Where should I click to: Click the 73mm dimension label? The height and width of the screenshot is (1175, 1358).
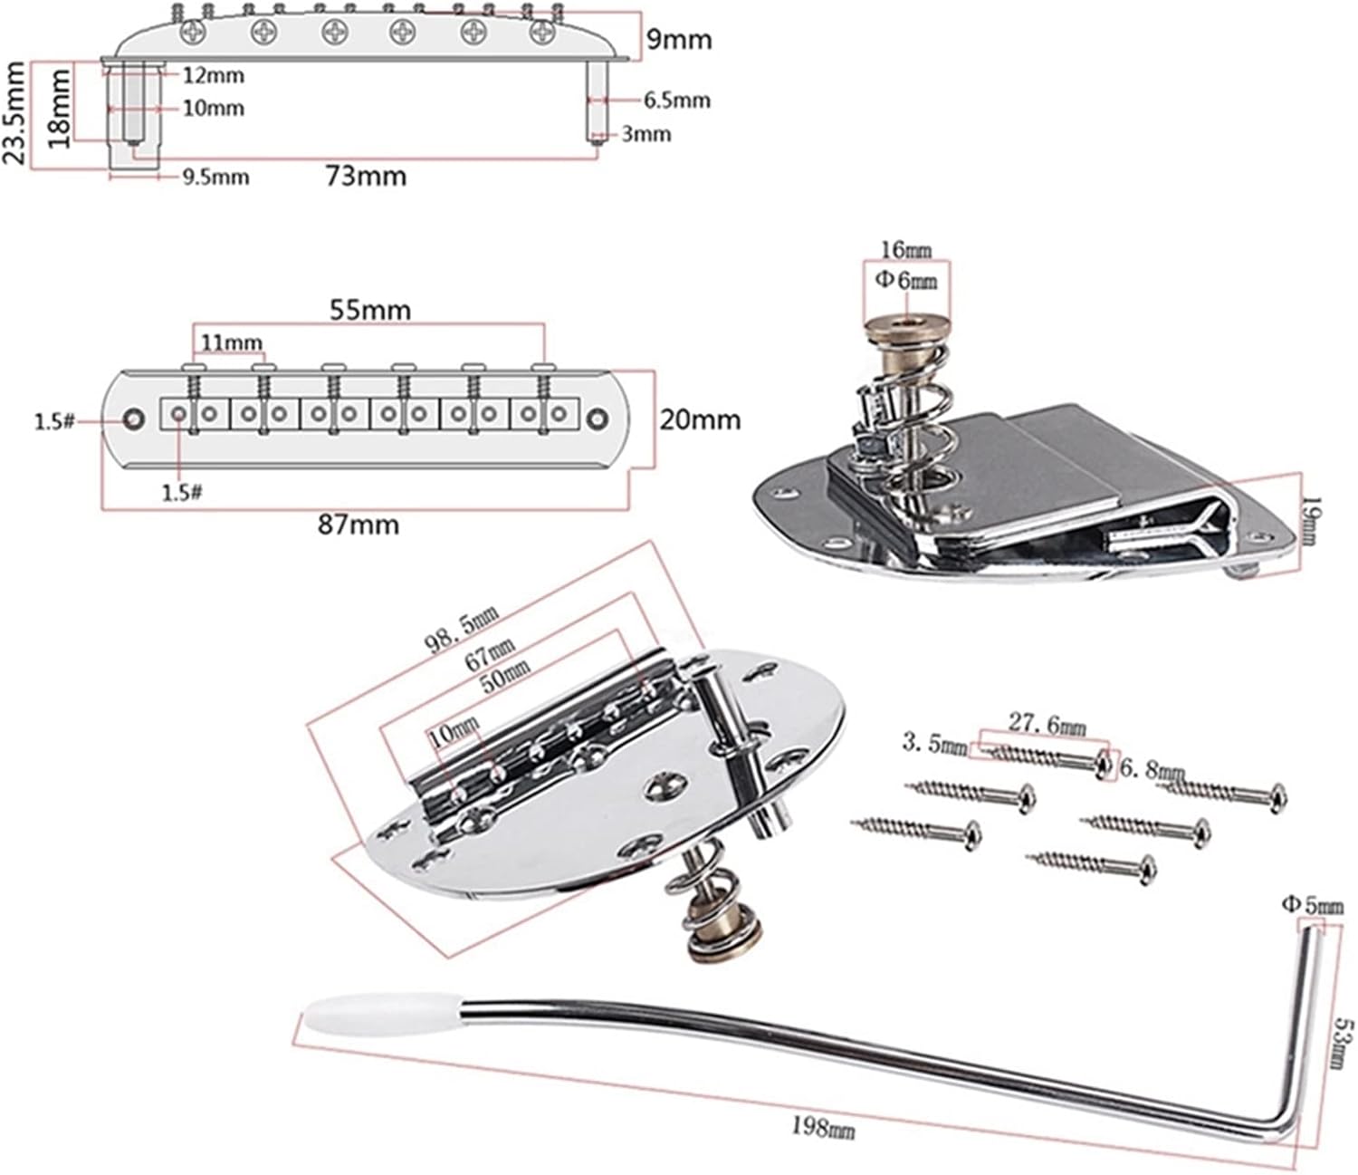[x=366, y=175]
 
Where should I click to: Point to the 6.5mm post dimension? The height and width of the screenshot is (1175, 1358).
[x=676, y=100]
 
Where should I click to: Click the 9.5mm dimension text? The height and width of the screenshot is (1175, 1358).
[x=215, y=177]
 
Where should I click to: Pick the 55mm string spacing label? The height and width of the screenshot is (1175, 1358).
[x=368, y=310]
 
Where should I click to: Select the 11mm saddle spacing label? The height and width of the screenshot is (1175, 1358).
[x=231, y=342]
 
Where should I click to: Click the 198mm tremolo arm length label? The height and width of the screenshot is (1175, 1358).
[x=823, y=1127]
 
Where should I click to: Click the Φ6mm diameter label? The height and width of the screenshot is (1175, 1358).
[x=906, y=280]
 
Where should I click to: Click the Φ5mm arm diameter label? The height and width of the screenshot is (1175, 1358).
[x=1312, y=904]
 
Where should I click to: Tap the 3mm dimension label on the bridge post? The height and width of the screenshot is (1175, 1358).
[x=646, y=134]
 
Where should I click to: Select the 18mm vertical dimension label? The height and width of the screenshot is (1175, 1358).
[x=60, y=109]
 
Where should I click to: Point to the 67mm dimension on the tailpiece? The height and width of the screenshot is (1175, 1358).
[x=490, y=652]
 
